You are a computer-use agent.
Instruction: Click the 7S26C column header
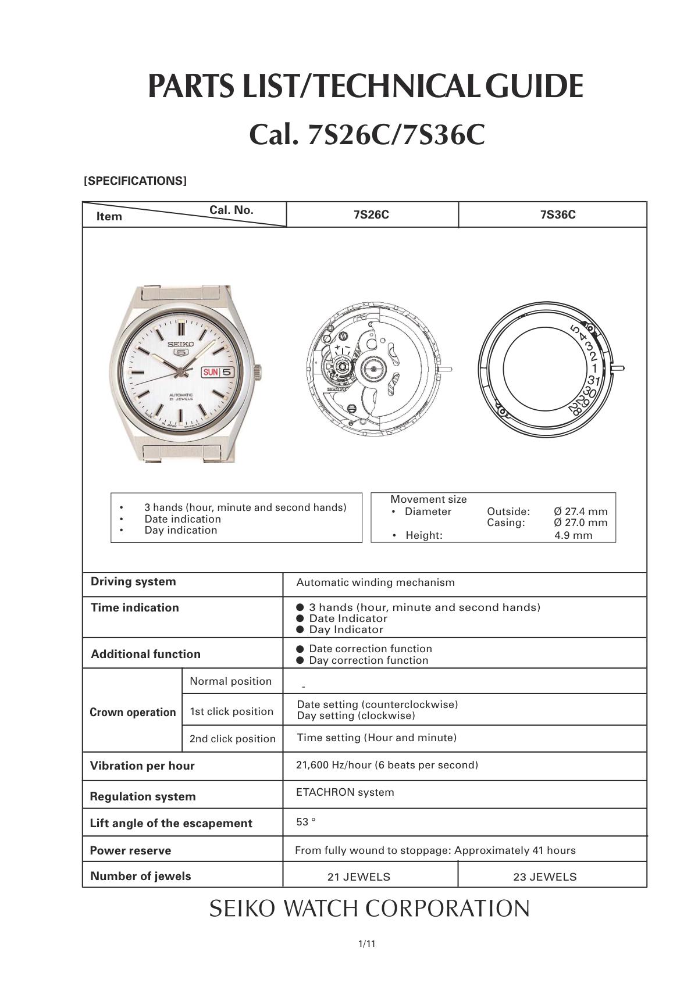(x=371, y=214)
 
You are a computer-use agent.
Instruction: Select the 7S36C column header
(x=557, y=214)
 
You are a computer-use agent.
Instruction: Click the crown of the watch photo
(x=258, y=371)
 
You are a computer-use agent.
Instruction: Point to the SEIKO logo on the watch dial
(x=180, y=344)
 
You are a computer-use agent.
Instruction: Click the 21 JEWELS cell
(x=358, y=877)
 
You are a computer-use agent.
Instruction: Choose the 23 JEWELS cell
(x=544, y=877)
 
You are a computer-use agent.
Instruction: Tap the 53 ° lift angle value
(x=306, y=822)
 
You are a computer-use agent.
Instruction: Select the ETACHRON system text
(x=345, y=792)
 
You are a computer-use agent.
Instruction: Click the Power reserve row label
(x=130, y=850)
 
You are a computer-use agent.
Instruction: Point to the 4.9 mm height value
(x=573, y=535)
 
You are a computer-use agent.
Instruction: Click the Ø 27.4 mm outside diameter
(x=581, y=512)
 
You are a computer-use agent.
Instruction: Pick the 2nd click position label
(x=232, y=739)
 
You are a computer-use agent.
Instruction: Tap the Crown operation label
(x=133, y=712)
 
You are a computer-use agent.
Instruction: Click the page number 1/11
(x=366, y=944)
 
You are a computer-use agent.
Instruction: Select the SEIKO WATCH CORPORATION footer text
(x=369, y=909)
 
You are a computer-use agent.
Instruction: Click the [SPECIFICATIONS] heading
(x=135, y=181)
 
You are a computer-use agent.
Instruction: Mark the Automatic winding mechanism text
(x=375, y=582)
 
